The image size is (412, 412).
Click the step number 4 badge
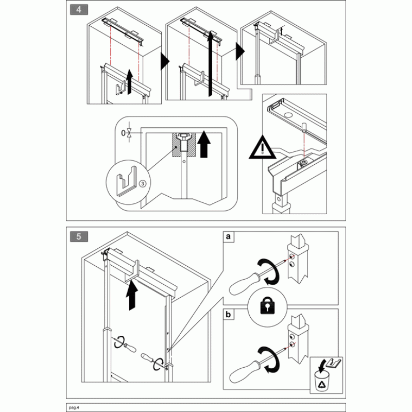click(79, 10)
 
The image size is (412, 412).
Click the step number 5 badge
click(79, 236)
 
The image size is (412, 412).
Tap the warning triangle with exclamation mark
click(263, 148)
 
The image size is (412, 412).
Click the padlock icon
click(267, 305)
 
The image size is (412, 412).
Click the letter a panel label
click(228, 236)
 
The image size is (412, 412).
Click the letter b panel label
click(228, 314)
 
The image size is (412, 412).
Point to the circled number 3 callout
click(143, 183)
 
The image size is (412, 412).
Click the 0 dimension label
click(123, 133)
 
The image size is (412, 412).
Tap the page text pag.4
click(74, 407)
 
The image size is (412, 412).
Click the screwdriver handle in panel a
click(244, 284)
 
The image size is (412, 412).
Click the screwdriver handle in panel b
click(244, 372)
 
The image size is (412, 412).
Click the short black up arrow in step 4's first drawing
click(129, 81)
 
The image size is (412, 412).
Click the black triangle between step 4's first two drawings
click(165, 62)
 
